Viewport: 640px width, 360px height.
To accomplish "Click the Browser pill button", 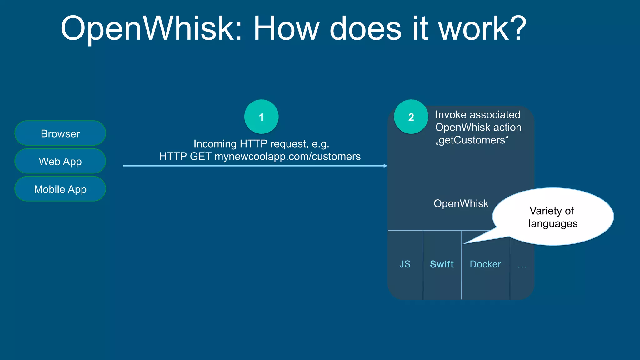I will (x=60, y=133).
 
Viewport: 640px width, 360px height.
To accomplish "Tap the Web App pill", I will (x=60, y=161).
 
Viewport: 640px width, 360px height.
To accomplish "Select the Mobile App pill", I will (x=60, y=189).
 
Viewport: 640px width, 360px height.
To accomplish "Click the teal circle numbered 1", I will (x=261, y=117).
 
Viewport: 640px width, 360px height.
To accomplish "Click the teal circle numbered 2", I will (x=411, y=117).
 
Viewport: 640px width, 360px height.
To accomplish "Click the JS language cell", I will (x=405, y=264).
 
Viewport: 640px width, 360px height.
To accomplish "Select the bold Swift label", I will (x=442, y=264).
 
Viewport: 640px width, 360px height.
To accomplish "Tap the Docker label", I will (x=485, y=264).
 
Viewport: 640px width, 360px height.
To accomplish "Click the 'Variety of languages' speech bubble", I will (x=553, y=217).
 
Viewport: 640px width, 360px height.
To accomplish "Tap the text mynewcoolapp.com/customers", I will (x=287, y=156).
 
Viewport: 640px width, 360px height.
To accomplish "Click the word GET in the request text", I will (x=201, y=156).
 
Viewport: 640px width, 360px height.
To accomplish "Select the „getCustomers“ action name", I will (x=472, y=140).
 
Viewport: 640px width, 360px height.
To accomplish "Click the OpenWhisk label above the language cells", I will (x=461, y=204).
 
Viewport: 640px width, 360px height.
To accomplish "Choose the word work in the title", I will (x=474, y=29).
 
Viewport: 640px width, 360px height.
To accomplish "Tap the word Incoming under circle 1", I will (x=215, y=144).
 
